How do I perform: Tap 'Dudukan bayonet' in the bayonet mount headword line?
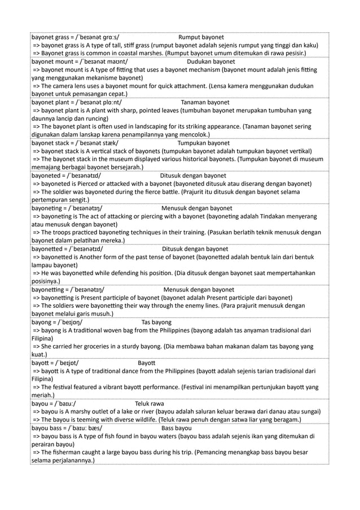[x=211, y=62]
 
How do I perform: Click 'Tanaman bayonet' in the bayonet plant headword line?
[x=205, y=103]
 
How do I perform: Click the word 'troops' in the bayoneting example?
[x=62, y=232]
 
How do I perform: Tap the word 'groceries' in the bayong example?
[x=95, y=347]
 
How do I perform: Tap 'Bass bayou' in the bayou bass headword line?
[x=176, y=428]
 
